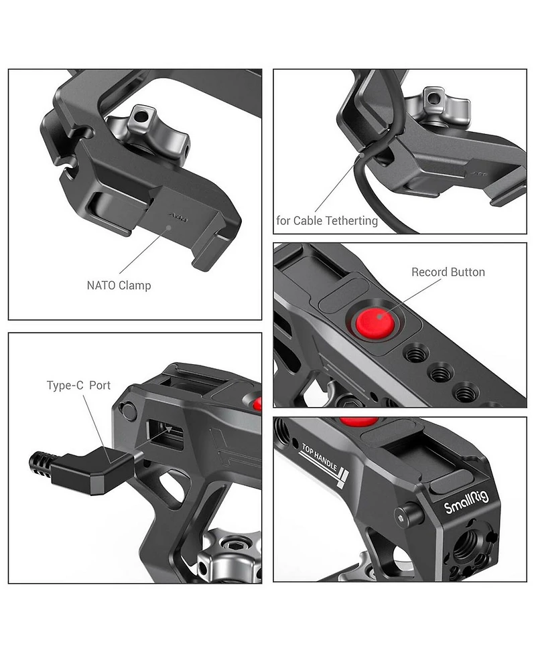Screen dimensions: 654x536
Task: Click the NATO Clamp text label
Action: click(119, 285)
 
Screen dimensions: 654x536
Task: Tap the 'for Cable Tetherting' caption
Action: click(327, 220)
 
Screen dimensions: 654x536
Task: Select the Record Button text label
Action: click(448, 272)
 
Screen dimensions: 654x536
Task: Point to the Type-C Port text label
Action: click(78, 386)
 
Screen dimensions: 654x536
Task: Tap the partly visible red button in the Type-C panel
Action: click(257, 403)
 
